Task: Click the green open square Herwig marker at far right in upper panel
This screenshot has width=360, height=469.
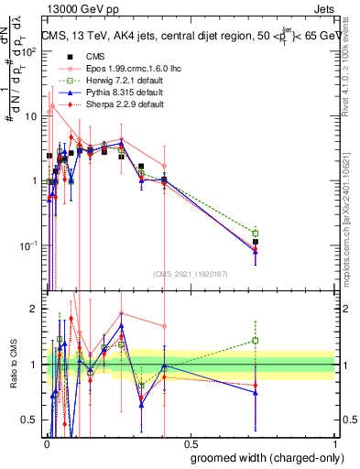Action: (256, 233)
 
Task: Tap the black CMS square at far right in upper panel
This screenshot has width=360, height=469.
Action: (256, 242)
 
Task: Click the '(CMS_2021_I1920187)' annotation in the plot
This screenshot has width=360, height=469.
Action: (190, 273)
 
